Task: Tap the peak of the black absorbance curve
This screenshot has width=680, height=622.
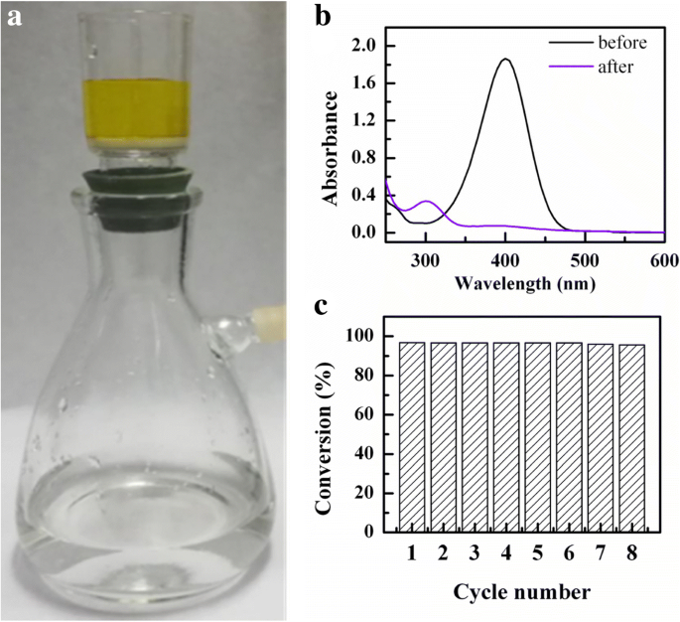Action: tap(505, 59)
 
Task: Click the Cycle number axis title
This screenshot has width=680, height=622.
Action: tap(524, 593)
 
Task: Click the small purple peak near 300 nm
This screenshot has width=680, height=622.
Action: tap(427, 202)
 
